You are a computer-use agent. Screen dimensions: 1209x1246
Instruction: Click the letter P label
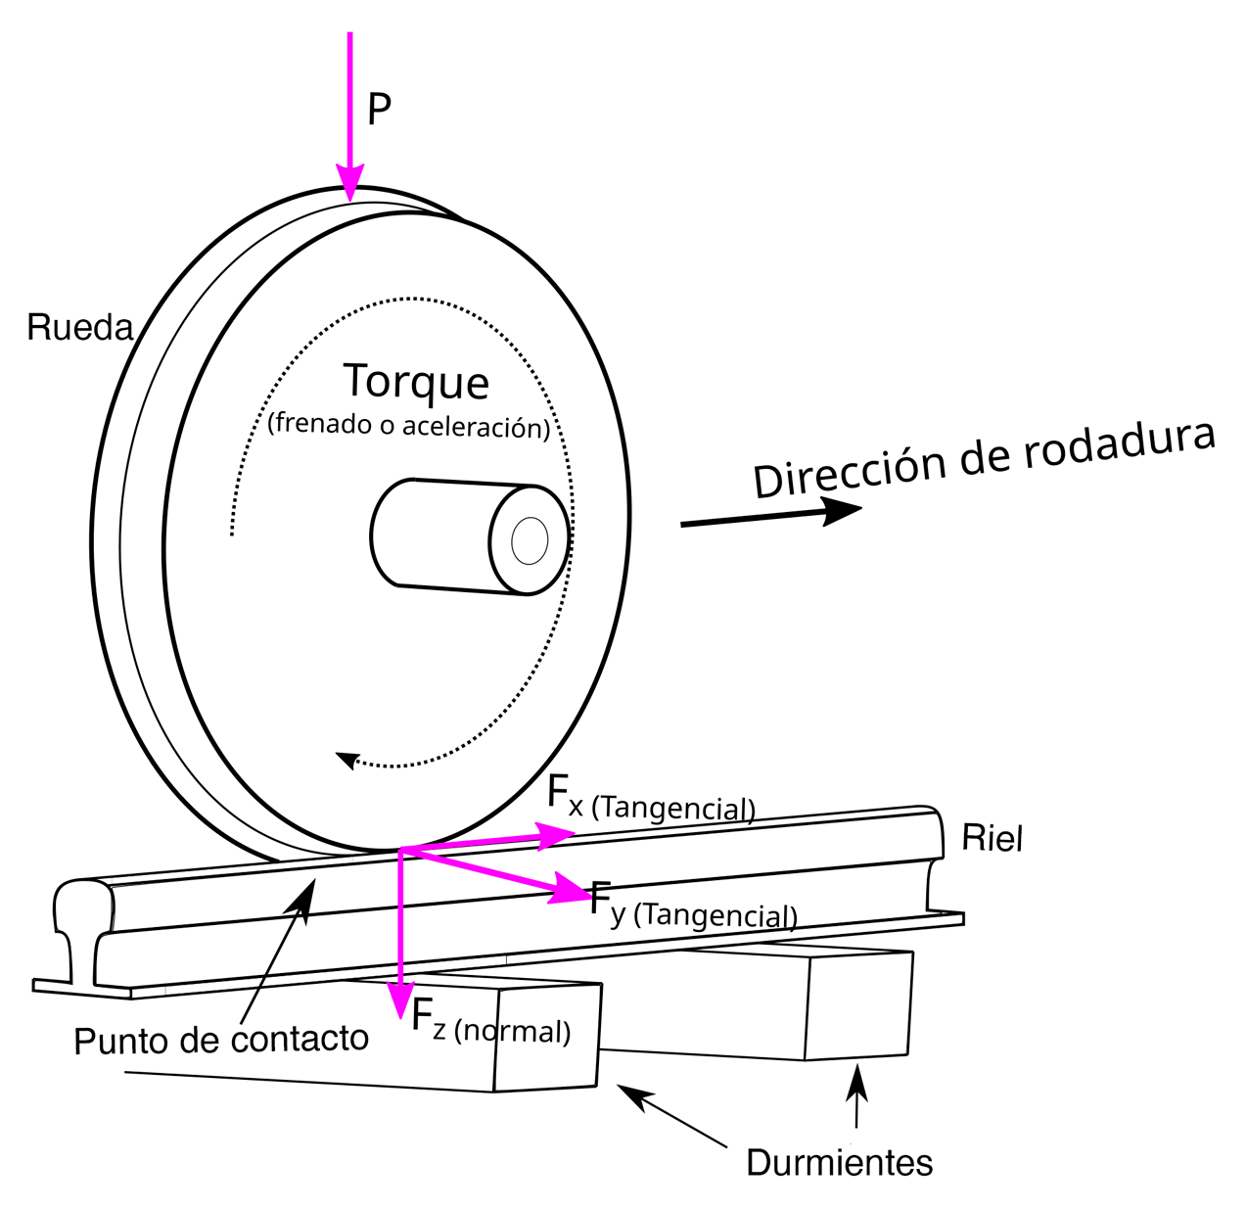(x=379, y=110)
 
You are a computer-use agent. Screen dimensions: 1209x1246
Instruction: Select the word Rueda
(x=79, y=327)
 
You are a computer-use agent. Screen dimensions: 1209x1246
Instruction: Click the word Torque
(x=416, y=382)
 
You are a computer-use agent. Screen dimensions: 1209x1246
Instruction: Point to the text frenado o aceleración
(x=409, y=425)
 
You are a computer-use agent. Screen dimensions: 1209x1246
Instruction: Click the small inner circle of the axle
(x=530, y=541)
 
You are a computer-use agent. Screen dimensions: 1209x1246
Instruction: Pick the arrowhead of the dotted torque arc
(x=345, y=759)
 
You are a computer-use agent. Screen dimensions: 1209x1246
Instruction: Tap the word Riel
(x=992, y=838)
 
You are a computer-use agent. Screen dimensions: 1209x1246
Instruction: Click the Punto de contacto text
(x=221, y=1040)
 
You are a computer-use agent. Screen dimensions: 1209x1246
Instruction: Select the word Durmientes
(x=839, y=1162)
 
